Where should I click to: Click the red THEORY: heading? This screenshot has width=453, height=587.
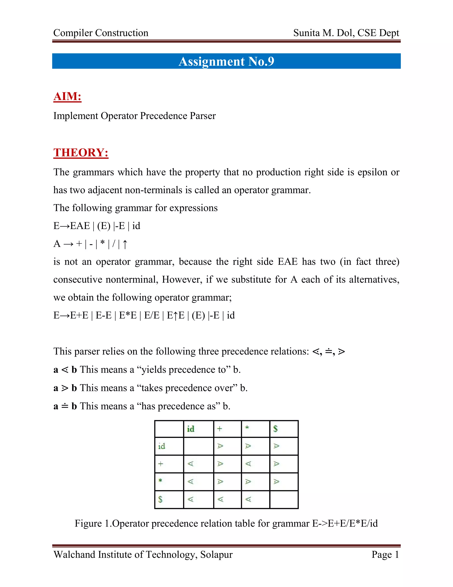click(x=81, y=152)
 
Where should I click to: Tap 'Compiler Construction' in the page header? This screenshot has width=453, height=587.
click(x=101, y=33)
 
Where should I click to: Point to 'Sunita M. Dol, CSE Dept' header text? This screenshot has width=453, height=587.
click(x=346, y=33)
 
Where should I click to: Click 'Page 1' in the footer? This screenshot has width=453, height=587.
click(x=385, y=554)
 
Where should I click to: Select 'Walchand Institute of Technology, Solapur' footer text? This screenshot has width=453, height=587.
click(x=143, y=554)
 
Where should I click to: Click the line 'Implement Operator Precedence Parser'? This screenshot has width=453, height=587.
click(x=134, y=116)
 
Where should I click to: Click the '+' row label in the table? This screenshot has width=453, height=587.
click(x=161, y=464)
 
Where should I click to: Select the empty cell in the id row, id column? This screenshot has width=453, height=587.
click(x=198, y=446)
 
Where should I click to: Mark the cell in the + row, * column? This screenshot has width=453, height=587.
click(x=248, y=464)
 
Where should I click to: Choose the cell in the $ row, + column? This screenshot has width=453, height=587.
click(x=221, y=499)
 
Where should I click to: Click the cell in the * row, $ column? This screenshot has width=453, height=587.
click(x=276, y=481)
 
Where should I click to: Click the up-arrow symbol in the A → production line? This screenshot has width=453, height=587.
click(x=125, y=244)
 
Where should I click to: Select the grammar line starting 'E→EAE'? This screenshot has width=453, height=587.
click(x=97, y=226)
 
